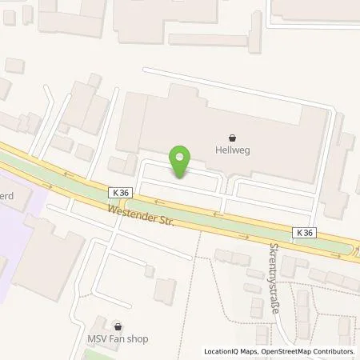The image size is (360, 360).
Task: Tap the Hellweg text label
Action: click(x=232, y=150)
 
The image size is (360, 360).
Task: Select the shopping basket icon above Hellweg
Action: click(x=232, y=138)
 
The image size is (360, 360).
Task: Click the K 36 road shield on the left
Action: click(x=121, y=193)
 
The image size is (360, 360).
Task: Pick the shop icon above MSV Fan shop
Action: click(x=119, y=326)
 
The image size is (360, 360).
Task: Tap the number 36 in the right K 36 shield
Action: click(x=309, y=232)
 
